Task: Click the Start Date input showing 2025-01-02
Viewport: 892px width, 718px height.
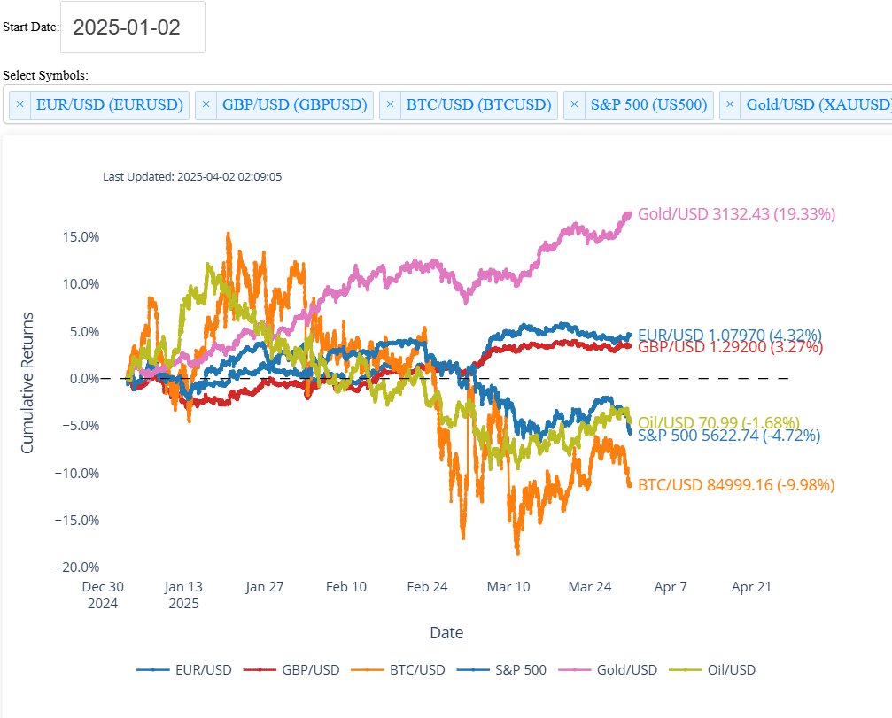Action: pyautogui.click(x=132, y=27)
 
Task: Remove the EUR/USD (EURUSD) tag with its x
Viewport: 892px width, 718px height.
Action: pyautogui.click(x=20, y=104)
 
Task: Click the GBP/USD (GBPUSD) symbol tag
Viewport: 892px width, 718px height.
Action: pyautogui.click(x=294, y=104)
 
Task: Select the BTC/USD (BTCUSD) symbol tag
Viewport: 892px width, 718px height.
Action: pyautogui.click(x=478, y=104)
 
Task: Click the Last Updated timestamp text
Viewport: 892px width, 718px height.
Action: pyautogui.click(x=192, y=176)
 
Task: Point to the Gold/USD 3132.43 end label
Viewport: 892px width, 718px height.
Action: pyautogui.click(x=736, y=213)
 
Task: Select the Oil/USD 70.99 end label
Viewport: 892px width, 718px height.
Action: pyautogui.click(x=718, y=421)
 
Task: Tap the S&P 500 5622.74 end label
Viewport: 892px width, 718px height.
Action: pyautogui.click(x=728, y=435)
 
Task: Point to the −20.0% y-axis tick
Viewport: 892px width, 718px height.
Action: pyautogui.click(x=77, y=567)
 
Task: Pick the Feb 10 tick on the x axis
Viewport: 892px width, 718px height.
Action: pyautogui.click(x=346, y=586)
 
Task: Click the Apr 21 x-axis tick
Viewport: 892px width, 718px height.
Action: pyautogui.click(x=752, y=586)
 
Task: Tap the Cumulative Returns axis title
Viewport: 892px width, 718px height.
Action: pyautogui.click(x=27, y=382)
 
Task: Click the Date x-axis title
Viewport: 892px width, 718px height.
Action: pyautogui.click(x=446, y=632)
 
